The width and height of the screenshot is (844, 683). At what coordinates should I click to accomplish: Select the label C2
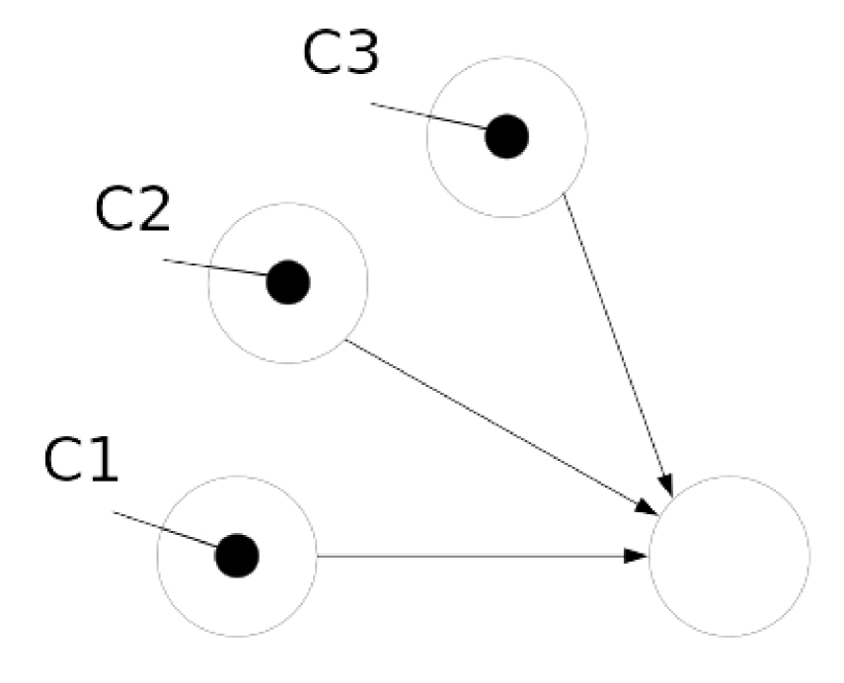point(133,208)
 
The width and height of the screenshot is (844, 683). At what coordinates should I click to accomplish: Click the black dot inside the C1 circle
point(237,556)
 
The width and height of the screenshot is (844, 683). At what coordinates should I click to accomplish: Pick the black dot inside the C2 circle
point(288,283)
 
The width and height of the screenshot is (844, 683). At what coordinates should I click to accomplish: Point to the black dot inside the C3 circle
point(507,136)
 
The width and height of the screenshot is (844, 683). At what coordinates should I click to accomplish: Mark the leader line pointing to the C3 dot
point(429,115)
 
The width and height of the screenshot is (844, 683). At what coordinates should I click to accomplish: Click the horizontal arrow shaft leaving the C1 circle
point(474,557)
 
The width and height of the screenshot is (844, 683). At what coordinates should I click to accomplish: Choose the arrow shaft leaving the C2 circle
point(494,424)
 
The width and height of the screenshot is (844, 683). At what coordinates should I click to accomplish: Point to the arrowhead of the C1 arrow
point(638,558)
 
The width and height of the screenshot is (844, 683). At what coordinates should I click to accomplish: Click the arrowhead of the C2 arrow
point(647,508)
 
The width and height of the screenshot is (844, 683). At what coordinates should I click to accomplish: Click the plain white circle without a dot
point(729,556)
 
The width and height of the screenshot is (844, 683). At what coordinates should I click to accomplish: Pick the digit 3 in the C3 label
point(361,54)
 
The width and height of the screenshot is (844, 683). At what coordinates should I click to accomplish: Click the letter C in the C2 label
point(114,208)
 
